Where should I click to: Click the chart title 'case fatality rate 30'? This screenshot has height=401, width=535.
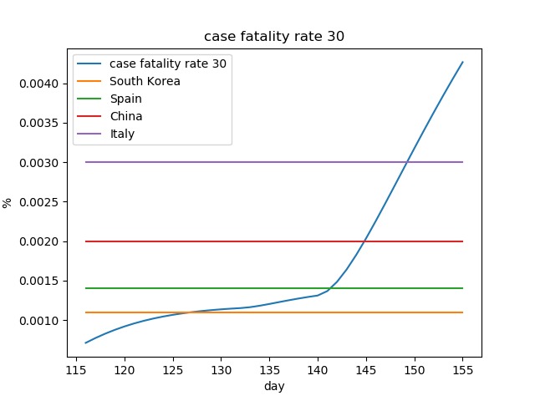[274, 37]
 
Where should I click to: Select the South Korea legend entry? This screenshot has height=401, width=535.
[145, 81]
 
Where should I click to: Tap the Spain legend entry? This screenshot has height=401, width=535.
[126, 99]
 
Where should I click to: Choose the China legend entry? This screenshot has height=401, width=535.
[126, 116]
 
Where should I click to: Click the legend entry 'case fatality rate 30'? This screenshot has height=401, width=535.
[167, 63]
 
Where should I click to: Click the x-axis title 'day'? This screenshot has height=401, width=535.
[274, 386]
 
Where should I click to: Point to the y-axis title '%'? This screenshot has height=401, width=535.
[8, 202]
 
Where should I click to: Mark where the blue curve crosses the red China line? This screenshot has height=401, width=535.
[364, 241]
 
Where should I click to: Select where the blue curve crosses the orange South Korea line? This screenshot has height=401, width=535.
[191, 312]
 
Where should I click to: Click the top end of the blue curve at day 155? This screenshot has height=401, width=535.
[462, 62]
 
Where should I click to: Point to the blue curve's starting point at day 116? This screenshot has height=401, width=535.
[85, 343]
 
